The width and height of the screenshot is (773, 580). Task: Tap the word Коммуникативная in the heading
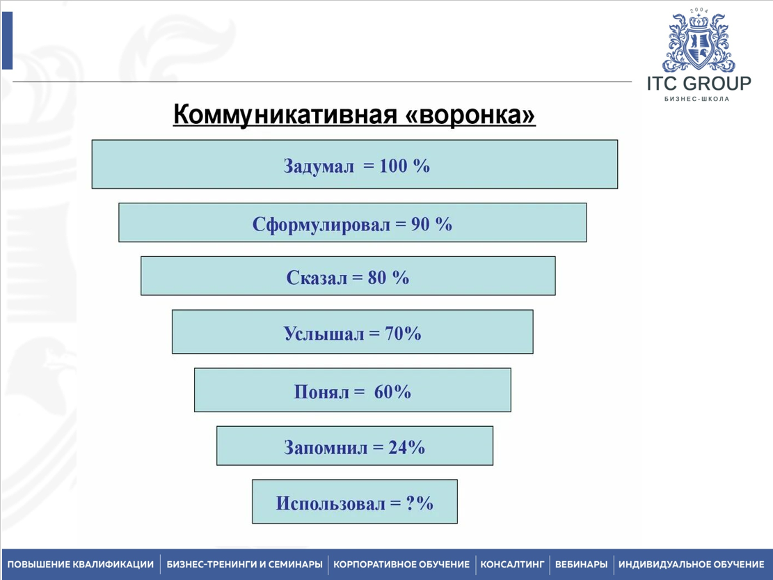coord(285,116)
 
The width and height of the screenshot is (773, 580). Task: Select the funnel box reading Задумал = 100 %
coord(354,164)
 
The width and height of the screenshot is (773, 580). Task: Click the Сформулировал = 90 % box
coord(353,222)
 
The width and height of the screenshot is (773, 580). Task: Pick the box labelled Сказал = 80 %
coord(348,276)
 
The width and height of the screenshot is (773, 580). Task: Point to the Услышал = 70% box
coord(353,331)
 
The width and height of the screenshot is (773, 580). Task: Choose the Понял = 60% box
coord(353,390)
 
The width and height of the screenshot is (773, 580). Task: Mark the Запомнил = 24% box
coord(354,446)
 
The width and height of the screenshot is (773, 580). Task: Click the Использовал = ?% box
coord(354,501)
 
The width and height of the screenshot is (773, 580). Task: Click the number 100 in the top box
coord(393,166)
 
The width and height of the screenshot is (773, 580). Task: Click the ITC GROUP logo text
coord(699,84)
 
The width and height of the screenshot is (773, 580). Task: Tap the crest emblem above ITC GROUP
coord(699,40)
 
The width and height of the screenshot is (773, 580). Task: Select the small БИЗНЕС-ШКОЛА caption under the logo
coord(696,99)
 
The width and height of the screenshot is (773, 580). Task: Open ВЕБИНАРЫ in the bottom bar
coord(581,564)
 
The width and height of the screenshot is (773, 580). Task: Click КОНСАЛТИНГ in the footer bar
coord(512,564)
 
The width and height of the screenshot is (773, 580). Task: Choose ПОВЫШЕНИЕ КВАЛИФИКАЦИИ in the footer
coord(80,564)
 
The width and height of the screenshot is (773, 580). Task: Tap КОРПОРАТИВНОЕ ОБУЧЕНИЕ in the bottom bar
coord(401,564)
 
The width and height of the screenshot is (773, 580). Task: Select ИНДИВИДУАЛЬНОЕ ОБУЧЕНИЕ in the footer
coord(691,564)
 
